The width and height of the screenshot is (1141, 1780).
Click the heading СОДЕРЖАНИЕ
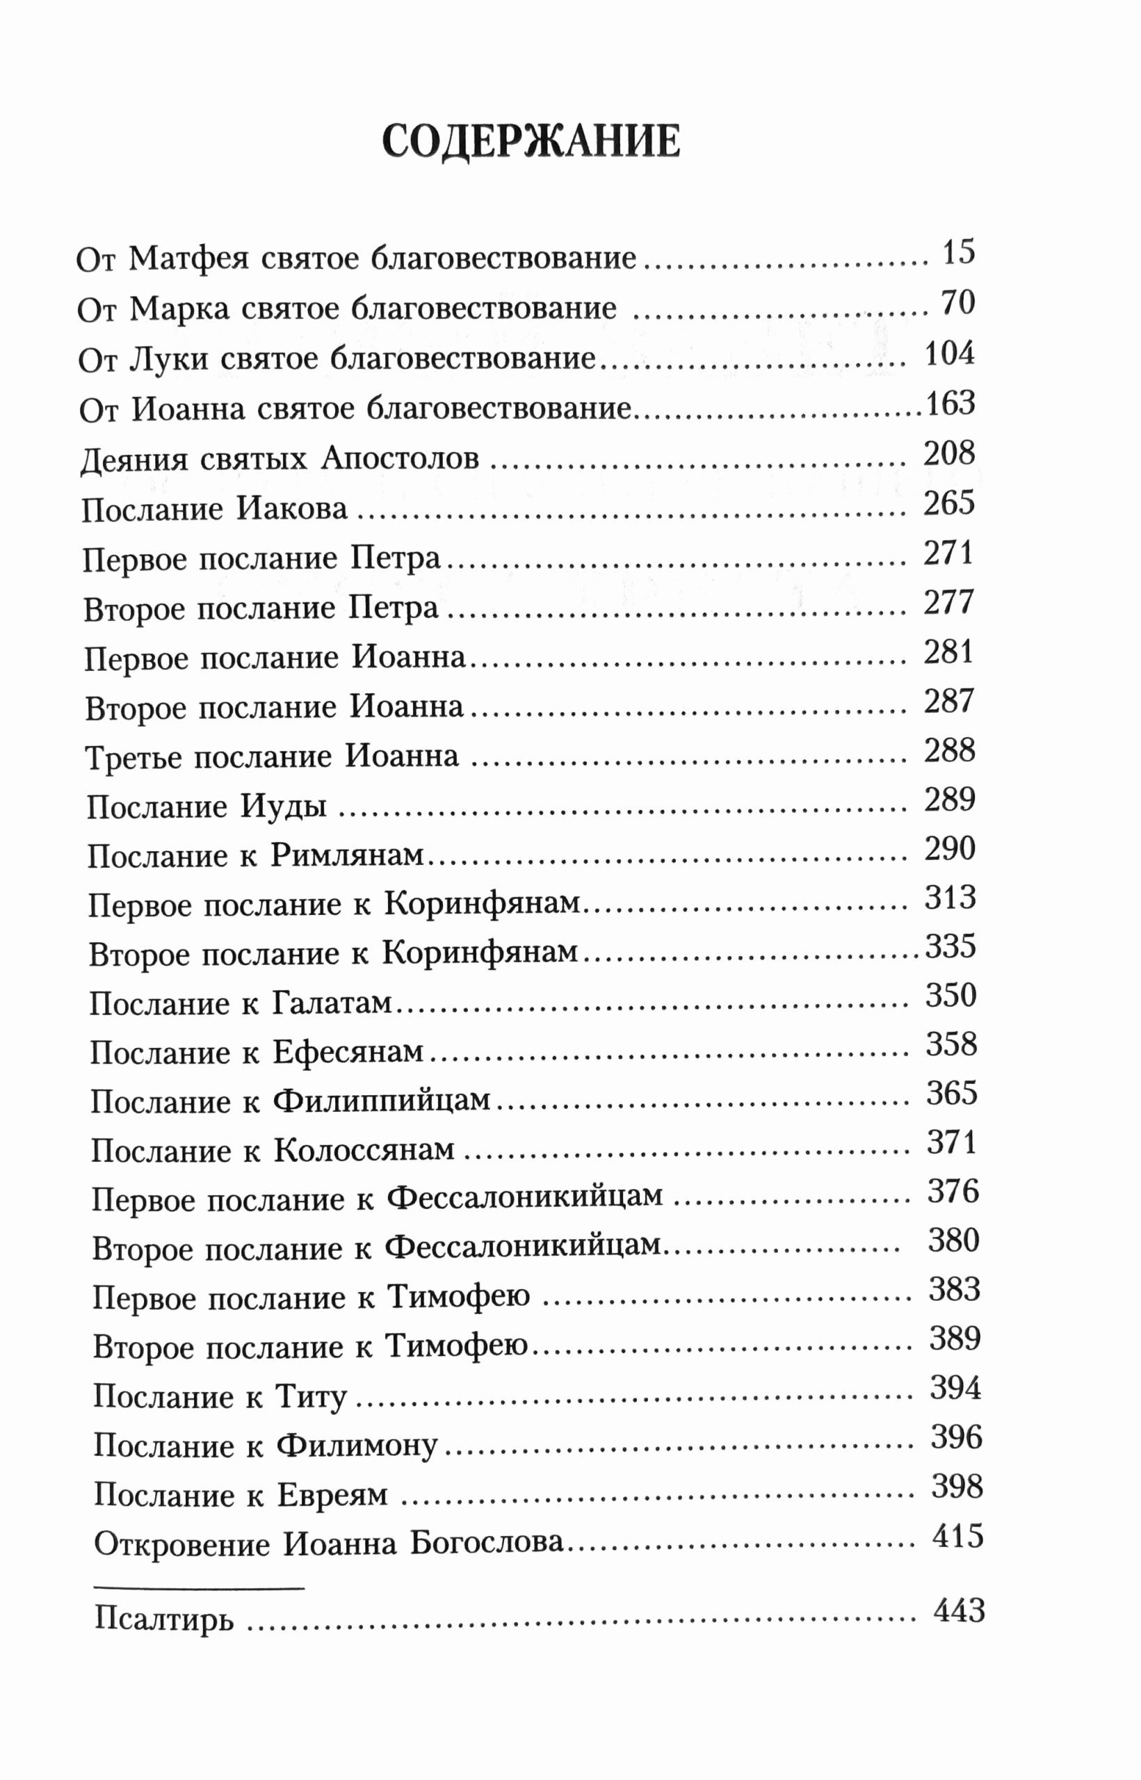point(531,140)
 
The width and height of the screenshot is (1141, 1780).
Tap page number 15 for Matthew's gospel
point(958,252)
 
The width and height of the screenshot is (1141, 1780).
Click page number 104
point(949,353)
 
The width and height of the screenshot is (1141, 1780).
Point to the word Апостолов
point(400,460)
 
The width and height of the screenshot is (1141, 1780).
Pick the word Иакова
point(292,509)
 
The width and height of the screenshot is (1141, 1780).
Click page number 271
point(948,553)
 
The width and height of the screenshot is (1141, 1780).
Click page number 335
point(950,946)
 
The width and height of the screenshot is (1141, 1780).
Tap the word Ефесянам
point(348,1053)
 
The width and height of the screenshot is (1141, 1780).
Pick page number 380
point(953,1240)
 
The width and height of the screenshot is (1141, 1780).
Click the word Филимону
point(357,1447)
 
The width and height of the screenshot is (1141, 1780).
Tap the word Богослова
point(487,1544)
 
